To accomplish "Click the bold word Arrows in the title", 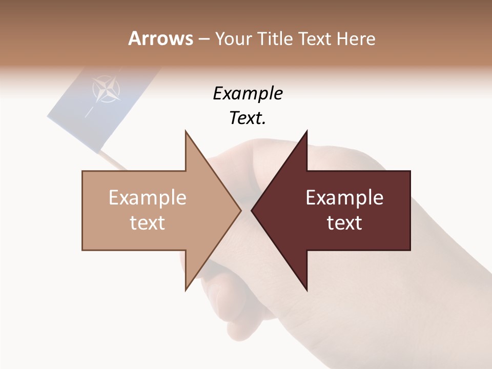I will (x=160, y=38).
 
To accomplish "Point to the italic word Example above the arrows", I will (x=248, y=94).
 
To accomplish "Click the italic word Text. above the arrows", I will (x=248, y=118).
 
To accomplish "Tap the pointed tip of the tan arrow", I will (x=240, y=210).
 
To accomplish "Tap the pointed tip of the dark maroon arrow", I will (x=253, y=210).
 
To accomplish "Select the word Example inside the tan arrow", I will (x=147, y=198).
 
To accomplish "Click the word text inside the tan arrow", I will (x=147, y=223).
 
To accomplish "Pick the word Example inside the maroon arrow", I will (x=344, y=198).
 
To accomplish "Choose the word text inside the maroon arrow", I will (x=344, y=223).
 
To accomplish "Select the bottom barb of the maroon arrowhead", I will (x=306, y=288).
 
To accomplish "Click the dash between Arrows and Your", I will (x=203, y=39).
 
